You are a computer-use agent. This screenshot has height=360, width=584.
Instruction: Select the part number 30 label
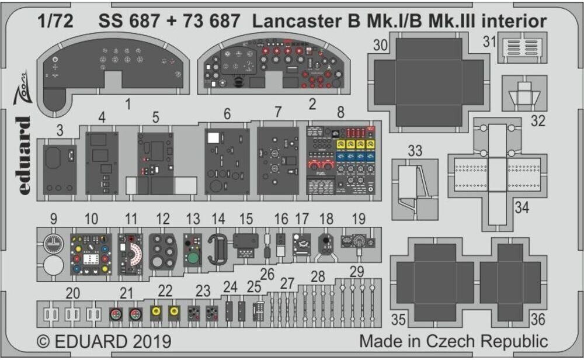click(380, 46)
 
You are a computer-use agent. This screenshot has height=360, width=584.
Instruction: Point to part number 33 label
click(415, 151)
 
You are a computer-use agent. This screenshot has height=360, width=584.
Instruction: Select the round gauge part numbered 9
click(53, 243)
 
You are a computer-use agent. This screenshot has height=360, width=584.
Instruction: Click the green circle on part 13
click(192, 257)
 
